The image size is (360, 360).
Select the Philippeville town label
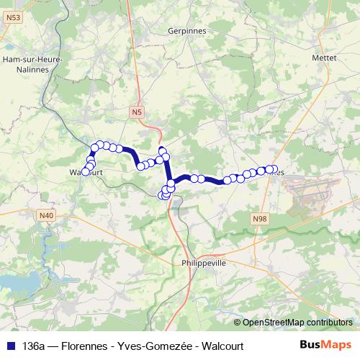click(204, 264)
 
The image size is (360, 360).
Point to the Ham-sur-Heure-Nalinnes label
click(32, 63)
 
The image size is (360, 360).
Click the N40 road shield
click(47, 215)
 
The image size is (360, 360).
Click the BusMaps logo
click(325, 346)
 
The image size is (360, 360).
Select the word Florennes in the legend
click(86, 346)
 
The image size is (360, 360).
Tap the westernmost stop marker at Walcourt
click(85, 172)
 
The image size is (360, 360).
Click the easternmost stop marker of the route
click(273, 169)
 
